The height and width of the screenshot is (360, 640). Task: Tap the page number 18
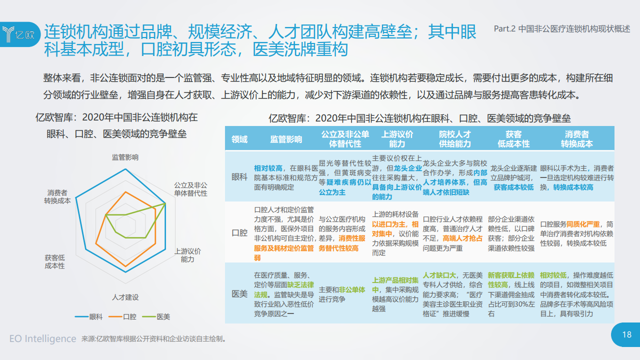(627, 334)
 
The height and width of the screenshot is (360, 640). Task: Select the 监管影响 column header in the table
(286, 139)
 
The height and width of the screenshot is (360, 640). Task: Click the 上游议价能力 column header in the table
(397, 139)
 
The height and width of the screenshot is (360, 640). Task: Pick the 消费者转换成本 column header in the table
(576, 139)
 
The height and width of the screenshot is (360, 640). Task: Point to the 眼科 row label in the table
(239, 177)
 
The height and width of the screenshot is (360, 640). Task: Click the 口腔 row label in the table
(239, 233)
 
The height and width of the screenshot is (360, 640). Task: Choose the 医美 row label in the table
(239, 293)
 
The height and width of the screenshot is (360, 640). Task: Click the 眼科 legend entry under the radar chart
(88, 316)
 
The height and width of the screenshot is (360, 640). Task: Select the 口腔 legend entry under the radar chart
(122, 316)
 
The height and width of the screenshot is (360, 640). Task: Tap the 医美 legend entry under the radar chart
(156, 316)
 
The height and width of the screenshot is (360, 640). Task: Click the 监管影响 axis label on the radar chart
(125, 157)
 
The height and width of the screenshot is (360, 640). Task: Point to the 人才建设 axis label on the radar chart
(125, 297)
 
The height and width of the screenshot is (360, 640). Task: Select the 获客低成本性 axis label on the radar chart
(54, 261)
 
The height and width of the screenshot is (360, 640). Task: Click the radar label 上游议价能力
(187, 255)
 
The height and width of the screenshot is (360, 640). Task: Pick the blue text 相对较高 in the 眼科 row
(268, 168)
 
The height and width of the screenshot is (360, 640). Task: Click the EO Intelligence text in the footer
(43, 338)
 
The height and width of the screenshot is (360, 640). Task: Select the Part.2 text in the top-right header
(504, 28)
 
